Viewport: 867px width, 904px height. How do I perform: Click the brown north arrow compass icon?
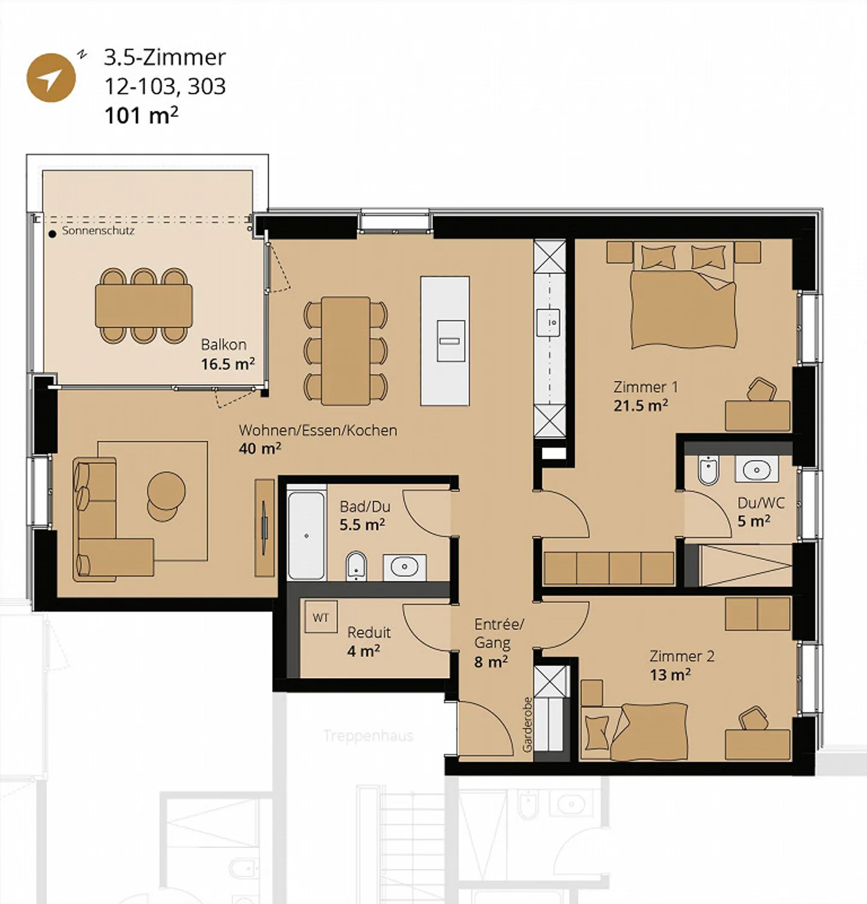click(x=51, y=78)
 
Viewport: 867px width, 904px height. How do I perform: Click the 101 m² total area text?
click(x=141, y=115)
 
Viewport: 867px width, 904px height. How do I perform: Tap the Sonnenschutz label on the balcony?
click(x=98, y=231)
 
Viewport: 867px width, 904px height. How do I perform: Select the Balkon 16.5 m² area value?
click(x=228, y=364)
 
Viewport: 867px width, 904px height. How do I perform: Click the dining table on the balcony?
click(x=143, y=306)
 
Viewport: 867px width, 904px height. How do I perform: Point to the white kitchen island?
click(x=445, y=341)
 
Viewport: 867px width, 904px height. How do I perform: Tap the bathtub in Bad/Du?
click(x=306, y=535)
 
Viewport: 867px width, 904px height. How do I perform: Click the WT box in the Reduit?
click(x=321, y=617)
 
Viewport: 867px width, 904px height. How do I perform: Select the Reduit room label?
click(x=369, y=632)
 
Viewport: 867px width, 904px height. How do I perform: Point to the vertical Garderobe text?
click(x=527, y=724)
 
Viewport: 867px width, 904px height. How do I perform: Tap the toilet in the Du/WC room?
click(x=708, y=470)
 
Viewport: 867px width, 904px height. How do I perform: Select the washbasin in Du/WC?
click(x=756, y=469)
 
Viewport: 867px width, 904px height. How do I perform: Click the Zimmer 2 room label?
click(x=682, y=656)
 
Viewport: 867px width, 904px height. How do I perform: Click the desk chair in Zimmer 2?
click(x=753, y=718)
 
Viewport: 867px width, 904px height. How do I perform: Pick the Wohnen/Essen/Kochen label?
click(x=318, y=430)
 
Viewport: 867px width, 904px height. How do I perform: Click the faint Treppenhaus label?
click(x=368, y=735)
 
